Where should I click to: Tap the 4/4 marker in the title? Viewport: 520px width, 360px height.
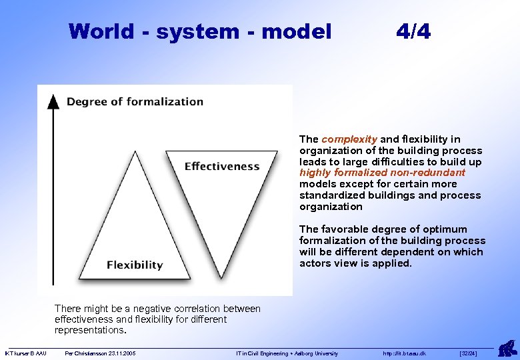coord(413,31)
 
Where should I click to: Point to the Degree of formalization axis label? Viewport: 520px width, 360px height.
coord(135,102)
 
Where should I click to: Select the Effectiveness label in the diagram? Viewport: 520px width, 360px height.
coord(221,166)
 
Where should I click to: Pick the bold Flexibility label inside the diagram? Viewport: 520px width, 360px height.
coord(135,265)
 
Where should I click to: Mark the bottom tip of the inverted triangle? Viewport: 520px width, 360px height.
coord(221,277)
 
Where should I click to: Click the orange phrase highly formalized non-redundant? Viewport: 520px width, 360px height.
coord(382,173)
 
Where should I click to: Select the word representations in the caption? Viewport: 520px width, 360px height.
coord(89,330)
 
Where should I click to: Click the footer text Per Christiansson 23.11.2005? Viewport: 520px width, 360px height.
coord(100,353)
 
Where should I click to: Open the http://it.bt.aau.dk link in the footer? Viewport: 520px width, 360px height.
coord(404,353)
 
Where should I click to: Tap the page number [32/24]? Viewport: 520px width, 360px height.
coord(469,353)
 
